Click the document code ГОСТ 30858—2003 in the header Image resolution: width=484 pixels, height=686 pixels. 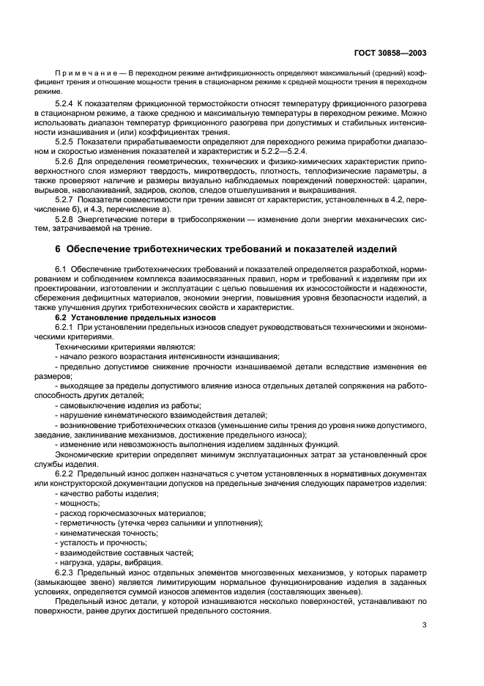pyautogui.click(x=392, y=54)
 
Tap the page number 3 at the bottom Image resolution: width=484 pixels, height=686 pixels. pyautogui.click(x=425, y=624)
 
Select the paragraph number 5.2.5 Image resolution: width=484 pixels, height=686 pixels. pyautogui.click(x=67, y=140)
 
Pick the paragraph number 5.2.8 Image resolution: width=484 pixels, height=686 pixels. pyautogui.click(x=67, y=219)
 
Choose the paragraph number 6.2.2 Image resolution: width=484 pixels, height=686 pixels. pyautogui.click(x=67, y=474)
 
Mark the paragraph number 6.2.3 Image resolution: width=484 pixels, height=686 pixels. pyautogui.click(x=67, y=571)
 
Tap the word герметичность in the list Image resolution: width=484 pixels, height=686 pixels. pyautogui.click(x=86, y=523)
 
